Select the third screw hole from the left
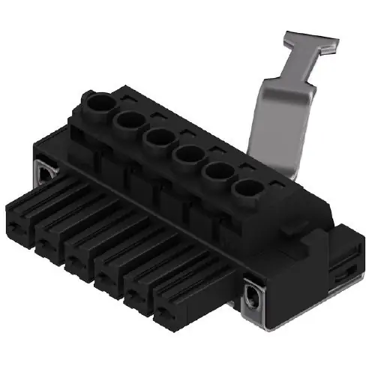[x=158, y=137]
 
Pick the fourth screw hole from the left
[x=187, y=155]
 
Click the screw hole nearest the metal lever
[x=247, y=189]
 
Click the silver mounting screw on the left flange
[x=46, y=172]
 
